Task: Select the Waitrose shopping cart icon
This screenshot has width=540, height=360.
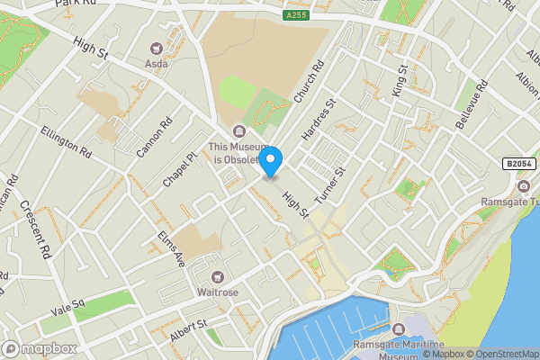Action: pos(216,276)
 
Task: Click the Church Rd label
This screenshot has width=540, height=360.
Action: pos(309,82)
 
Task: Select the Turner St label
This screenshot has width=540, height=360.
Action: pos(330,185)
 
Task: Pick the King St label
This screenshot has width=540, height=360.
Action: pos(400,81)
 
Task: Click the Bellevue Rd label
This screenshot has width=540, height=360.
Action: pos(471,104)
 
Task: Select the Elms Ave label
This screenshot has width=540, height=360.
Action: pos(171,248)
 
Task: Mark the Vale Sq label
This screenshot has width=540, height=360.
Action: pos(67,309)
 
